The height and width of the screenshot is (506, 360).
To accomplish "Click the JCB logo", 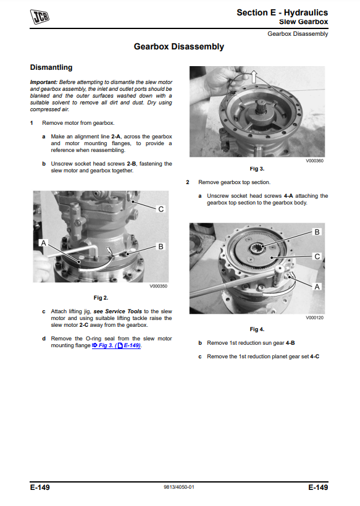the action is click(x=40, y=17).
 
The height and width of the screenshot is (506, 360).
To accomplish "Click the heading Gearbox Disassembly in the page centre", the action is click(x=178, y=46).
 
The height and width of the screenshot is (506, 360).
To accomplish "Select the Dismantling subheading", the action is click(x=51, y=67).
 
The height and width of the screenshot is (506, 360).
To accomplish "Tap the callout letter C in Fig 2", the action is click(x=161, y=209).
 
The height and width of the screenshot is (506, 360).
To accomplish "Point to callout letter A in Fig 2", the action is click(x=44, y=243).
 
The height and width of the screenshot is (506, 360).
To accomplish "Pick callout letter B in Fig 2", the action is click(x=161, y=247).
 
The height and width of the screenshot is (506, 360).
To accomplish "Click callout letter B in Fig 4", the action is click(x=317, y=232).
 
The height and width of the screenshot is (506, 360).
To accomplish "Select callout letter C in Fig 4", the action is click(x=317, y=256).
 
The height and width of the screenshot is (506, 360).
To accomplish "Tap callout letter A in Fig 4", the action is click(x=317, y=287).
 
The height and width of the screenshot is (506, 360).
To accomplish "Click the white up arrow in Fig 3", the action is click(x=254, y=77).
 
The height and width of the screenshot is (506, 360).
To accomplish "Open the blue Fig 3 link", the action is click(x=116, y=345).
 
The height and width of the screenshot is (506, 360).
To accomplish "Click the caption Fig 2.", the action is click(x=101, y=298).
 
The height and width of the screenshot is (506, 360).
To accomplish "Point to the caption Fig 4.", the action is click(x=257, y=329).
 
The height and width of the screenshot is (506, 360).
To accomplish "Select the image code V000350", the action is click(x=158, y=286).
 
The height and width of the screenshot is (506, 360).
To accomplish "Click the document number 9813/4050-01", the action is click(x=179, y=487).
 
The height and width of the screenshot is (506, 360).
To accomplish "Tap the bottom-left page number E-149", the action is click(x=40, y=487).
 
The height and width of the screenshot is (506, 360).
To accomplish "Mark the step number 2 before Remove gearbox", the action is click(x=188, y=182).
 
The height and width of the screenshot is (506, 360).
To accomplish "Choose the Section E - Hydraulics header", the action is click(x=282, y=12).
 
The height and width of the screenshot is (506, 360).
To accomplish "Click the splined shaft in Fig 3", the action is click(x=262, y=108).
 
